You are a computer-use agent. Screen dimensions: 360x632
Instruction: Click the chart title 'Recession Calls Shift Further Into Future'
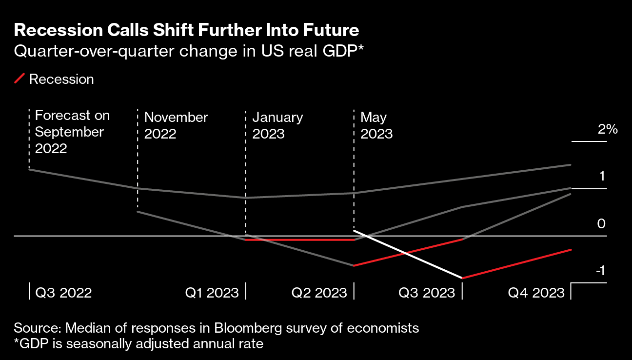coord(187,30)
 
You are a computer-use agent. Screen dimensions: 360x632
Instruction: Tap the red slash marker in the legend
coord(20,79)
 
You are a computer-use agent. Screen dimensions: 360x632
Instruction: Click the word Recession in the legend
coord(61,79)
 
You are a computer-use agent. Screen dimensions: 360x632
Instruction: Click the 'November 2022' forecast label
coord(176,125)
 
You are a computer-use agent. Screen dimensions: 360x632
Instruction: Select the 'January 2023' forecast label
coord(277,125)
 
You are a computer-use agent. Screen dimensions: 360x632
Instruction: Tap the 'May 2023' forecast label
coord(376,125)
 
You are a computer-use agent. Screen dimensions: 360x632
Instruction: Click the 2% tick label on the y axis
coord(608,129)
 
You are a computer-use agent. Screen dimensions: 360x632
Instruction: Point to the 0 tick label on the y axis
coord(601,223)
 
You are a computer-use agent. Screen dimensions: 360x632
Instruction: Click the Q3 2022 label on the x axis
coord(63,293)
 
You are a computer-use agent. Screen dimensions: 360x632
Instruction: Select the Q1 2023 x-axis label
coord(212,293)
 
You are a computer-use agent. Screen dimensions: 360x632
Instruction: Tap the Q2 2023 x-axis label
coord(319,293)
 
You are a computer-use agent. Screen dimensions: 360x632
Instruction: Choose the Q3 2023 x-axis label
coord(427,293)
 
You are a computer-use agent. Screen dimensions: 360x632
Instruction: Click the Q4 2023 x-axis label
coord(536,293)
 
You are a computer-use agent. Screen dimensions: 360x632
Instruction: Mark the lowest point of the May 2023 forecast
coord(461,278)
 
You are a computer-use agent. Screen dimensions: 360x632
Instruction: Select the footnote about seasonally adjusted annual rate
coord(139,344)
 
